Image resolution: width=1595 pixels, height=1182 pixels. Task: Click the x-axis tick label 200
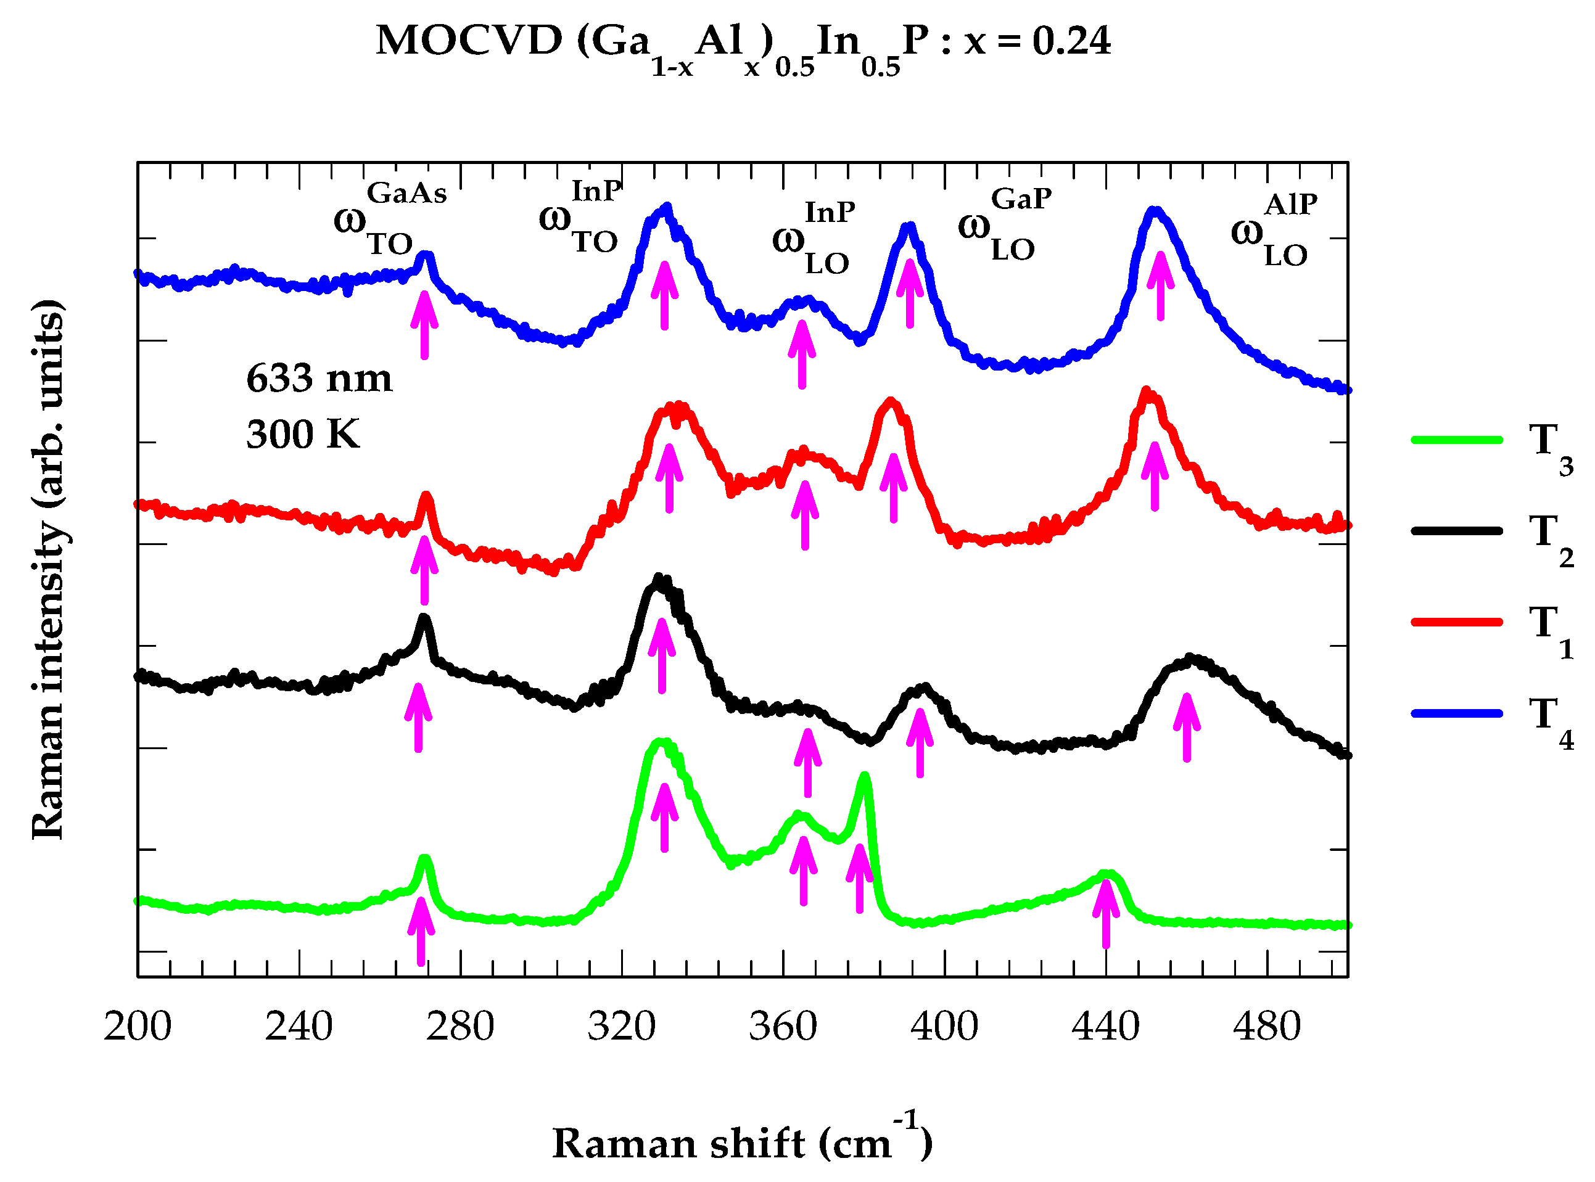[x=138, y=1027]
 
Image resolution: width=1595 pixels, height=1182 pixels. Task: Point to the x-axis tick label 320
[x=621, y=1027]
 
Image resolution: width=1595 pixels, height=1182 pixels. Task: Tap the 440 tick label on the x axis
[x=1105, y=1027]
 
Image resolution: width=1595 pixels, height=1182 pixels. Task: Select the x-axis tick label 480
[x=1266, y=1027]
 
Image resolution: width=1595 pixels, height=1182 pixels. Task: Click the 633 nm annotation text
[x=319, y=379]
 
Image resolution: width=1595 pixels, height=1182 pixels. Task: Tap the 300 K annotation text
[x=303, y=434]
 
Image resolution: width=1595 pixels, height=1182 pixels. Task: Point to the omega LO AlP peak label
[x=1274, y=231]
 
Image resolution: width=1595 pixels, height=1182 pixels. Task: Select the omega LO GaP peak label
[x=1005, y=224]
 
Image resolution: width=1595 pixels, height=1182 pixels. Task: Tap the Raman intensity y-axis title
[x=49, y=570]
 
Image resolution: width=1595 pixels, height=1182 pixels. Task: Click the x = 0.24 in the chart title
[x=1037, y=41]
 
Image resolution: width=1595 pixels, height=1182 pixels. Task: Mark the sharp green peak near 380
[x=864, y=777]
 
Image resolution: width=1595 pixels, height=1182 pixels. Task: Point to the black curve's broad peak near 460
[x=1190, y=659]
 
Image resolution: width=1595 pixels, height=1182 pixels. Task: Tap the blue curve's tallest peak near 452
[x=1154, y=211]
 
